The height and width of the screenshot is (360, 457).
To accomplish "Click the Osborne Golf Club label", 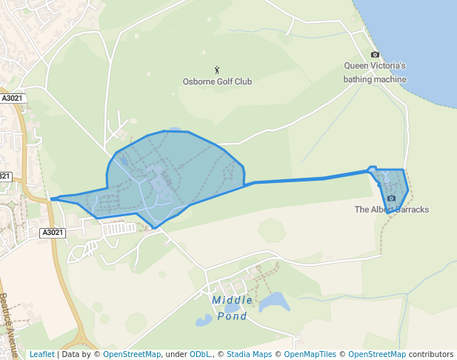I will pos(217,81).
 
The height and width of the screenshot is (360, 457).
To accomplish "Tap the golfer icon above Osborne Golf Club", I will pos(217,70).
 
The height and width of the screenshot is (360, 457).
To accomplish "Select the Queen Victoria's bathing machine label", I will pos(376,72).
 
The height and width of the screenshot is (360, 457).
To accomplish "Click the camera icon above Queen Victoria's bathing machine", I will pos(375,55).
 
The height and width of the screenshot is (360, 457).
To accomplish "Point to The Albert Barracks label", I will pos(391,210).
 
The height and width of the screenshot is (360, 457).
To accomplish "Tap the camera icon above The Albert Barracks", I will pos(391,199).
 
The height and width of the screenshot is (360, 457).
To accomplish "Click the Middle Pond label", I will pos(233,308).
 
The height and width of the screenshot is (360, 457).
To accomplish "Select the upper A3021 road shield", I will pos(13,98).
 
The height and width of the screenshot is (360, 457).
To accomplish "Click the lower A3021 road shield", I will pos(53,233).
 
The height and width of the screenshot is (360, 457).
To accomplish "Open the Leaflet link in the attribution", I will pos(41,355).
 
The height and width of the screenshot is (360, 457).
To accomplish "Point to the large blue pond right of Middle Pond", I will pos(273,301).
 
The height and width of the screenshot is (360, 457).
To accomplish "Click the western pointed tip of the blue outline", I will pos(51,199).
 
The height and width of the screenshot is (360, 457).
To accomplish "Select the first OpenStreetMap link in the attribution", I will pos(131,355).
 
